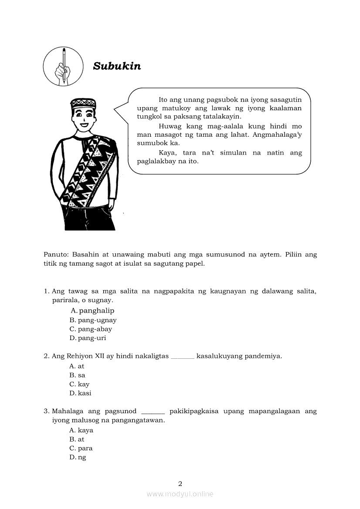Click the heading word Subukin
tap(117, 66)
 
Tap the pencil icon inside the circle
tap(64, 66)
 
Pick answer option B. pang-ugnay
tap(93, 320)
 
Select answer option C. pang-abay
tap(91, 329)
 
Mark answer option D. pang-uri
tap(88, 338)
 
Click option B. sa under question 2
tap(77, 375)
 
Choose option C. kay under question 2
tap(79, 384)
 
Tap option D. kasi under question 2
tap(80, 393)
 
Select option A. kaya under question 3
tap(81, 430)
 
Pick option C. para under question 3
tap(81, 448)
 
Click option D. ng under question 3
tap(78, 457)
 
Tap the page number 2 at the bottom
tap(180, 483)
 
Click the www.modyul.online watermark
tap(180, 494)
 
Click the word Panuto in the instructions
tap(55, 254)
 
